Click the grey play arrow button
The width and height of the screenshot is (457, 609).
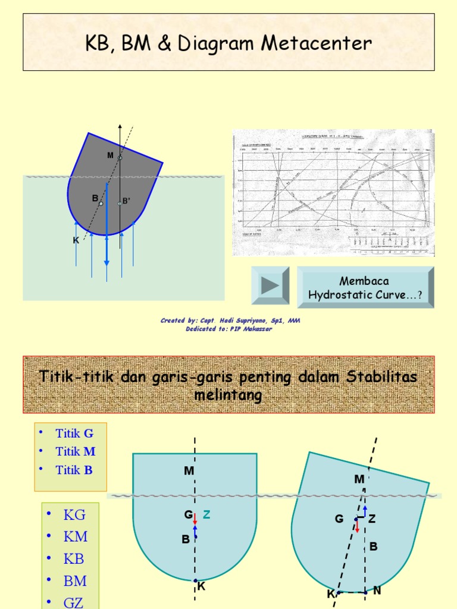(x=270, y=286)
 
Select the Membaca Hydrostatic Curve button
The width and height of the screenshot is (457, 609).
(x=365, y=287)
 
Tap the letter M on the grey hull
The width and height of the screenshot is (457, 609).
(x=110, y=155)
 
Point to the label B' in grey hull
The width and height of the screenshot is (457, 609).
(x=126, y=201)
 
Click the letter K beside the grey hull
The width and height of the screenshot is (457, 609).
(x=76, y=240)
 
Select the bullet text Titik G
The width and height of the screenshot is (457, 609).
(x=74, y=433)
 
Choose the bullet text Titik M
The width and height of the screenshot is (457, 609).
(x=76, y=451)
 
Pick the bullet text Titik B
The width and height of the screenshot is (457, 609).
(x=74, y=470)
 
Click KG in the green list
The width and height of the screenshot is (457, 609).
(x=74, y=515)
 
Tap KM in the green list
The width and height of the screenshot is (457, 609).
(x=75, y=536)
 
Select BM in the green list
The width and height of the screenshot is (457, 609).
(x=75, y=580)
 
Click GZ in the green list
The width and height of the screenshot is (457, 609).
(x=74, y=602)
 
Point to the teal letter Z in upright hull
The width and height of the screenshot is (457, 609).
(x=206, y=515)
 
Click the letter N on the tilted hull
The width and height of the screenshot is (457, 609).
(x=377, y=591)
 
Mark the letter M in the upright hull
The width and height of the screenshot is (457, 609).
(x=189, y=471)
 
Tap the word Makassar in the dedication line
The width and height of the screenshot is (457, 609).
(x=257, y=329)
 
